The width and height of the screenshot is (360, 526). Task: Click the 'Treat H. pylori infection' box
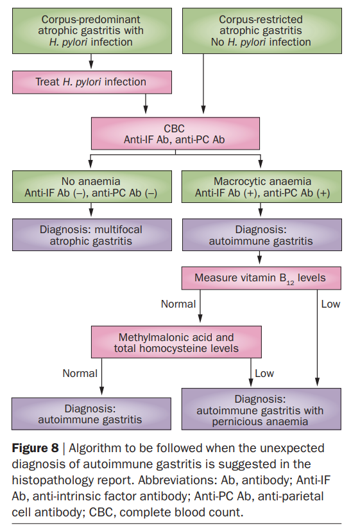coord(92,82)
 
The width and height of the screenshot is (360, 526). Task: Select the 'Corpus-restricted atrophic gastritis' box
coord(262,31)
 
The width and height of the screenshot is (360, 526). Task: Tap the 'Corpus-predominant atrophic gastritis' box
coord(92,31)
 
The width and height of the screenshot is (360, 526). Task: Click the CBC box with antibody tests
coord(175,134)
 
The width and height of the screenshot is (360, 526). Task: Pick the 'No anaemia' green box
coord(92,186)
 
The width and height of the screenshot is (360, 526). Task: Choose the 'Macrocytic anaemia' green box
coord(262,186)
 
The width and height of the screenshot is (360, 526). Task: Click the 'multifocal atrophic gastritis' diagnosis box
coord(92,235)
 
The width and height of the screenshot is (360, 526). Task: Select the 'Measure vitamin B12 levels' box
coord(261,278)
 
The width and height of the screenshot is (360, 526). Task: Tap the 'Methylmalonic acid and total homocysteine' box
coord(176,342)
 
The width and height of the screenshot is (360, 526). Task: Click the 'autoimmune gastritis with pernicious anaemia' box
coord(261,409)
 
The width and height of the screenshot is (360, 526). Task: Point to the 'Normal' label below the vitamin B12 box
coord(178,304)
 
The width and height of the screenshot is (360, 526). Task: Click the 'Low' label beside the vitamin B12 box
coord(330,304)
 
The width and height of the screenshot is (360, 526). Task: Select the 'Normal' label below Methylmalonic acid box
coord(80,373)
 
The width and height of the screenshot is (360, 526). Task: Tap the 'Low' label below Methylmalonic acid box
coord(264,373)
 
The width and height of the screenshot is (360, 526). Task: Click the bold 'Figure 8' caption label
coord(35,448)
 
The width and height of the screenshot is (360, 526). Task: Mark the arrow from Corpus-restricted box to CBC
coord(203,83)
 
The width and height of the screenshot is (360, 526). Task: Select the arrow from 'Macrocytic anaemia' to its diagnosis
coord(261,209)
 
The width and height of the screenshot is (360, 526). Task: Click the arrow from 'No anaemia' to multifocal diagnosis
coord(91,209)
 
